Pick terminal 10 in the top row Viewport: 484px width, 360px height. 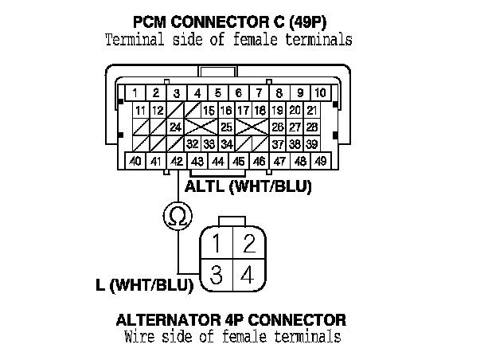click(x=319, y=92)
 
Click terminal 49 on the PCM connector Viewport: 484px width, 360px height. click(x=320, y=162)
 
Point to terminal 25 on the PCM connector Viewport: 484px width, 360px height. click(x=226, y=127)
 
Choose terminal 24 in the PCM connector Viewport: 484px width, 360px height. click(x=175, y=127)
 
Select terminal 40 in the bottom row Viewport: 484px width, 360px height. click(x=136, y=162)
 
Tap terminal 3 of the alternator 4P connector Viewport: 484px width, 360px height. click(x=216, y=276)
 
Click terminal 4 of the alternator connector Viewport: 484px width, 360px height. click(x=247, y=276)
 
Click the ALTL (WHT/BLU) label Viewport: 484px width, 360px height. click(x=247, y=189)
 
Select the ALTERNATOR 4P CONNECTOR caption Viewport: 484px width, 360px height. click(x=231, y=320)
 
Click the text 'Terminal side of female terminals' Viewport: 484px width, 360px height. click(x=229, y=38)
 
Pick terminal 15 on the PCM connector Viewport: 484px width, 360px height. click(x=209, y=110)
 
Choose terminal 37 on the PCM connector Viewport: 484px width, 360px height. click(x=277, y=144)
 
